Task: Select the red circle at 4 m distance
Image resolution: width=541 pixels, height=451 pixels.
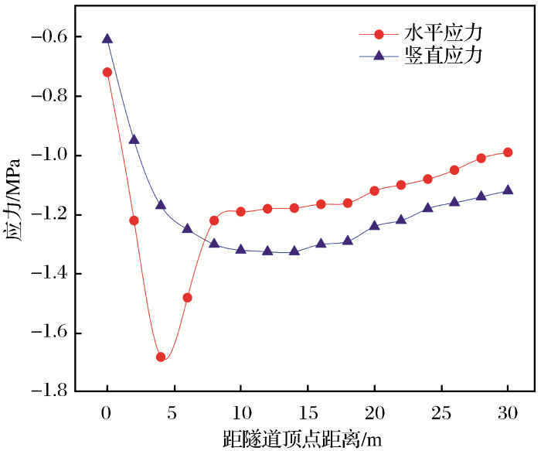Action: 161,357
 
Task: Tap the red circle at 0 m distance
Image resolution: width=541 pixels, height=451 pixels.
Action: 107,72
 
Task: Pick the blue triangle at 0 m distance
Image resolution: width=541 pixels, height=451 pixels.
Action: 107,39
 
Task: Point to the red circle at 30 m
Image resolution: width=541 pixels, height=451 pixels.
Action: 508,152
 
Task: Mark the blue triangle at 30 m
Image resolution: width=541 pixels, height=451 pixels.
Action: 508,190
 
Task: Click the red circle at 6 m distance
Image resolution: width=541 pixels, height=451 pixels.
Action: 187,297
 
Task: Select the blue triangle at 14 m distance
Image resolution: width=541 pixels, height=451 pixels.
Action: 294,251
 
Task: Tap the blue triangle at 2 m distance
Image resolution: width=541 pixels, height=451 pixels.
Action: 134,139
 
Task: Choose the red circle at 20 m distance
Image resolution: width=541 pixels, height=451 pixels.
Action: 374,190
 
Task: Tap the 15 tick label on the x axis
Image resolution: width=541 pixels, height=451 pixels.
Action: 308,415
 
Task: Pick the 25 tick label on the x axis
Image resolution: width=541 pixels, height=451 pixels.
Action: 441,415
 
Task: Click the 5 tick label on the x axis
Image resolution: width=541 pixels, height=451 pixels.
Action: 174,415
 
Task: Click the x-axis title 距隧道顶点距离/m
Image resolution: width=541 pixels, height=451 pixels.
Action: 306,439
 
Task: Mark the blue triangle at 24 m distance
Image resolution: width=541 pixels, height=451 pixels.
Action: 427,207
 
